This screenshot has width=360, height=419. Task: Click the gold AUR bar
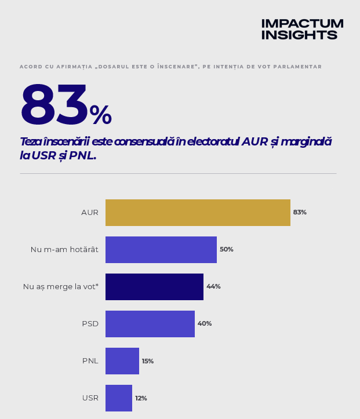[x=198, y=213]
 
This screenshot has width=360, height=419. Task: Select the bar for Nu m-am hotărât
[x=161, y=250]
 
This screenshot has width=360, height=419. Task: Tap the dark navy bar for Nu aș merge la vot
[x=154, y=287]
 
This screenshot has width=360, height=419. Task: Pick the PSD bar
[x=150, y=324]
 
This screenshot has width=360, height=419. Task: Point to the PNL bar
[x=122, y=361]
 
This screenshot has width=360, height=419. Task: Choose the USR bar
[x=119, y=398]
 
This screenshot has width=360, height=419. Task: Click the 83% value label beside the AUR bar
[x=300, y=212]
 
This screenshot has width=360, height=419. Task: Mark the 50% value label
[x=226, y=249]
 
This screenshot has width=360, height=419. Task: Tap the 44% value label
[x=213, y=286]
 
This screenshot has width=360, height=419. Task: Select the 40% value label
[x=205, y=323]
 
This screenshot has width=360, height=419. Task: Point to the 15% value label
[x=147, y=361]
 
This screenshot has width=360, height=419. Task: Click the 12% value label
[x=141, y=398]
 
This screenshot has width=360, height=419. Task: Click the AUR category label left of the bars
[x=90, y=213]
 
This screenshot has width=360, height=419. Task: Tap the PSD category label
[x=90, y=324]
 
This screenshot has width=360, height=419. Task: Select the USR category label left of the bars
[x=90, y=398]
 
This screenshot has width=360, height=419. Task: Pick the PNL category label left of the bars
[x=90, y=361]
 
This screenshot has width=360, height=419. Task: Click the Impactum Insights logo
[x=302, y=29]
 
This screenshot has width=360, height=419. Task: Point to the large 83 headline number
[x=54, y=104]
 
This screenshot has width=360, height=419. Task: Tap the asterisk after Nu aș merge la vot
[x=97, y=285]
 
